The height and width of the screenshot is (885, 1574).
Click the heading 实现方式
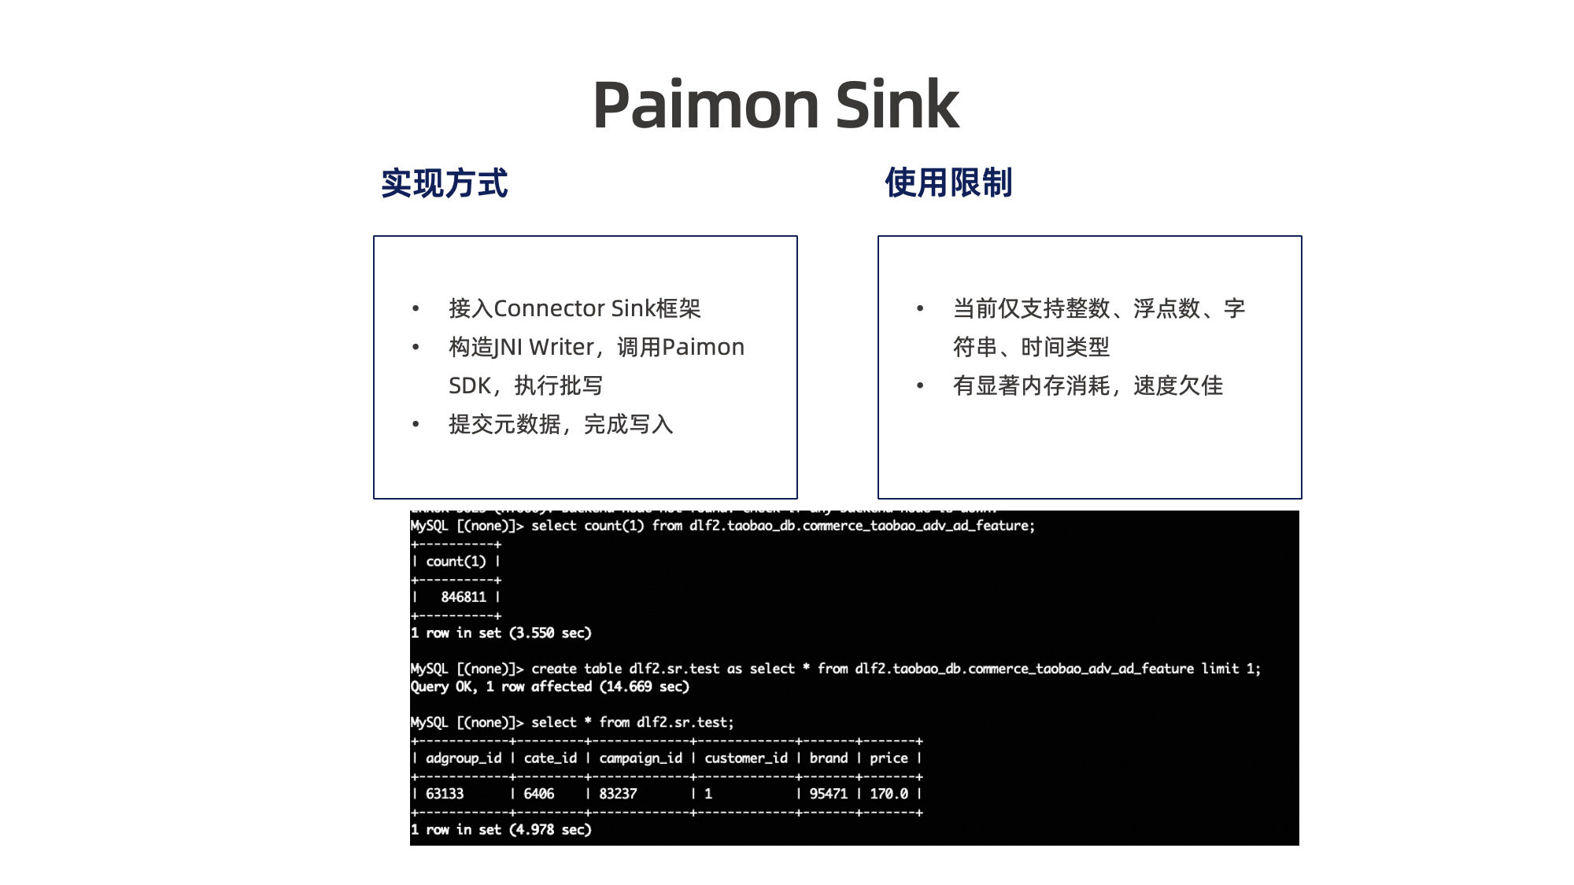click(x=445, y=183)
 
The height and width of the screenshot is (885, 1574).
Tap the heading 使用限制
click(x=948, y=183)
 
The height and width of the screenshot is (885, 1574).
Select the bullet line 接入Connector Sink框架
click(x=575, y=308)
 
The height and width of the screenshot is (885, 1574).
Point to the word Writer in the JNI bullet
click(x=561, y=347)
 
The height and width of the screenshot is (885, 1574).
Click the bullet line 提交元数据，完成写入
click(x=560, y=425)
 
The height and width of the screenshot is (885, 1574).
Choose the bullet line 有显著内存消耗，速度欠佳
click(x=1088, y=385)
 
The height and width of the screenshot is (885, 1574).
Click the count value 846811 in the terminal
click(x=464, y=597)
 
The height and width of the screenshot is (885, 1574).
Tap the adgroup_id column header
click(x=464, y=758)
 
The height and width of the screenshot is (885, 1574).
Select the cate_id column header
click(x=550, y=758)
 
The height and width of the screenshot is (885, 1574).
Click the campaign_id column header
click(x=641, y=758)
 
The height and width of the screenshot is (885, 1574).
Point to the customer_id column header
click(x=745, y=758)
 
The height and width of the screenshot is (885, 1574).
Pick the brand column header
click(x=829, y=758)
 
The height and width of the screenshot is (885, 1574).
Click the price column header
click(x=889, y=758)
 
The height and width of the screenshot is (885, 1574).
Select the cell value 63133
click(x=445, y=794)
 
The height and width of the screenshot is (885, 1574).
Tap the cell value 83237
click(x=618, y=794)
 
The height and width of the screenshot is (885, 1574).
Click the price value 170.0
click(x=889, y=794)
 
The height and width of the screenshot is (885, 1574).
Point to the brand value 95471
click(x=829, y=794)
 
